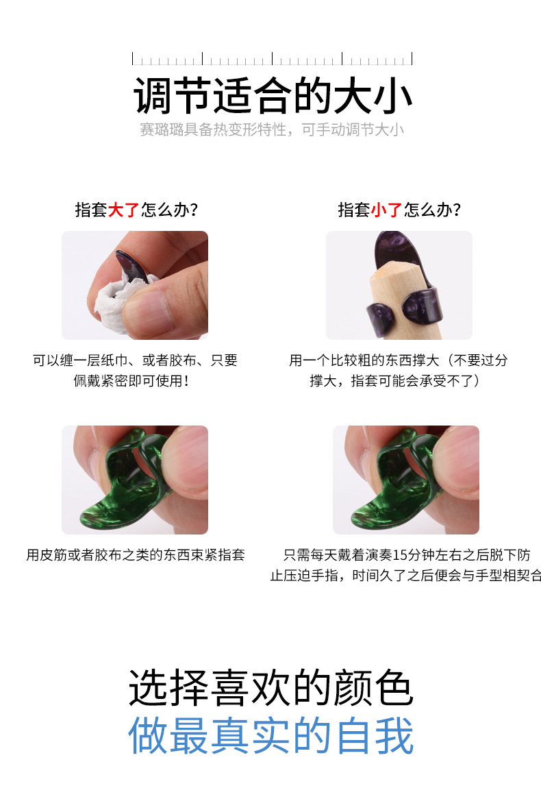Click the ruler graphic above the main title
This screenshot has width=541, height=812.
[x=272, y=59]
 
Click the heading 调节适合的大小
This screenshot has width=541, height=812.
[x=272, y=96]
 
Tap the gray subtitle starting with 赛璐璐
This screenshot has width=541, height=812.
[x=272, y=130]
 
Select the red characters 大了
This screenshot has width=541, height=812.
[x=124, y=210]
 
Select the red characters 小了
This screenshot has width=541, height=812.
[x=387, y=210]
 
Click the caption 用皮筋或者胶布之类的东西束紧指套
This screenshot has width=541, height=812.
[x=135, y=555]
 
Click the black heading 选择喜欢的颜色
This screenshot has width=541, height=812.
[x=272, y=687]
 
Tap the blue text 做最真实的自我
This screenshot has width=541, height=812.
[x=272, y=735]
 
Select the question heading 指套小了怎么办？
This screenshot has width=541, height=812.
[x=399, y=210]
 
